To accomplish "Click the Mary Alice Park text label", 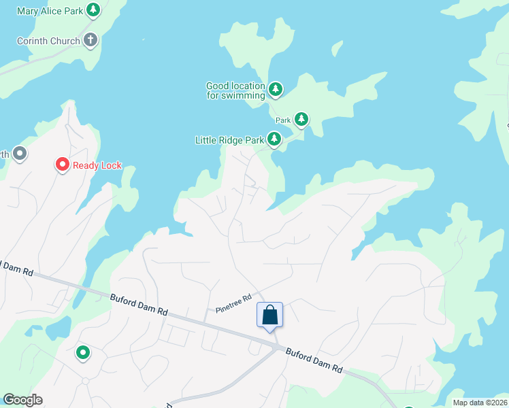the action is pos(49,11).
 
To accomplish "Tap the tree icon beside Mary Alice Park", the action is pos(94,10).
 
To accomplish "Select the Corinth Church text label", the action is pos(48,41).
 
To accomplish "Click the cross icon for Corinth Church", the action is pos(91,40).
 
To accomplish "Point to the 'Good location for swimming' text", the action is pos(235,90).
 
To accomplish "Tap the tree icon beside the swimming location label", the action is pos(275,89).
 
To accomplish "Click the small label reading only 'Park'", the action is pos(283,120).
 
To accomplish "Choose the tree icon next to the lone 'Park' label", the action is pos(300,120).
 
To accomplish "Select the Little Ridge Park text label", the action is pos(229,140).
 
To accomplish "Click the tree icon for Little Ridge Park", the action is pos(274,139).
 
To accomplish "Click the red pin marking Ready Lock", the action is pos(62,165).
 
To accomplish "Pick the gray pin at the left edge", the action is pos(19,154).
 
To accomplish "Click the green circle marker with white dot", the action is pos(83,352).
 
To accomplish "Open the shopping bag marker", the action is pos(269,315).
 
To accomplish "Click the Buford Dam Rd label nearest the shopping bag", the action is pos(313,360).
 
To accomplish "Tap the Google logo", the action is pos(22,400).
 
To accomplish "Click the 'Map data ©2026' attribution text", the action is pos(480,403).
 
